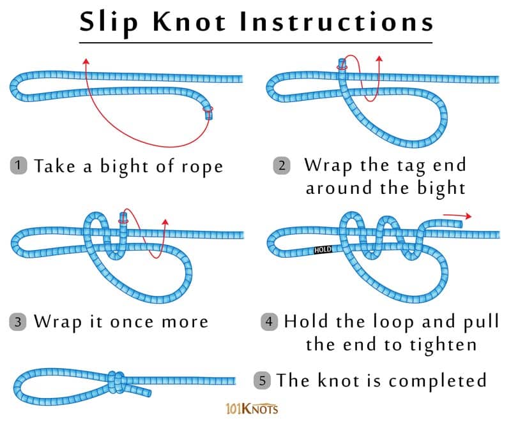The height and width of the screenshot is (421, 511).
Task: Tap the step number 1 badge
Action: (19, 166)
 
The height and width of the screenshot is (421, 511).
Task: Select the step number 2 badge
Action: (282, 166)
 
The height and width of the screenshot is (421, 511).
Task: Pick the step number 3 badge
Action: (19, 321)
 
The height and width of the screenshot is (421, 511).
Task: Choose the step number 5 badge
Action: (263, 381)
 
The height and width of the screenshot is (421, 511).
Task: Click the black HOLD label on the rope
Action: (323, 250)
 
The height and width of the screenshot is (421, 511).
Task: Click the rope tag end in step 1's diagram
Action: (208, 114)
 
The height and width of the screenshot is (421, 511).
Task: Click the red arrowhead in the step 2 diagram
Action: (379, 59)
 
